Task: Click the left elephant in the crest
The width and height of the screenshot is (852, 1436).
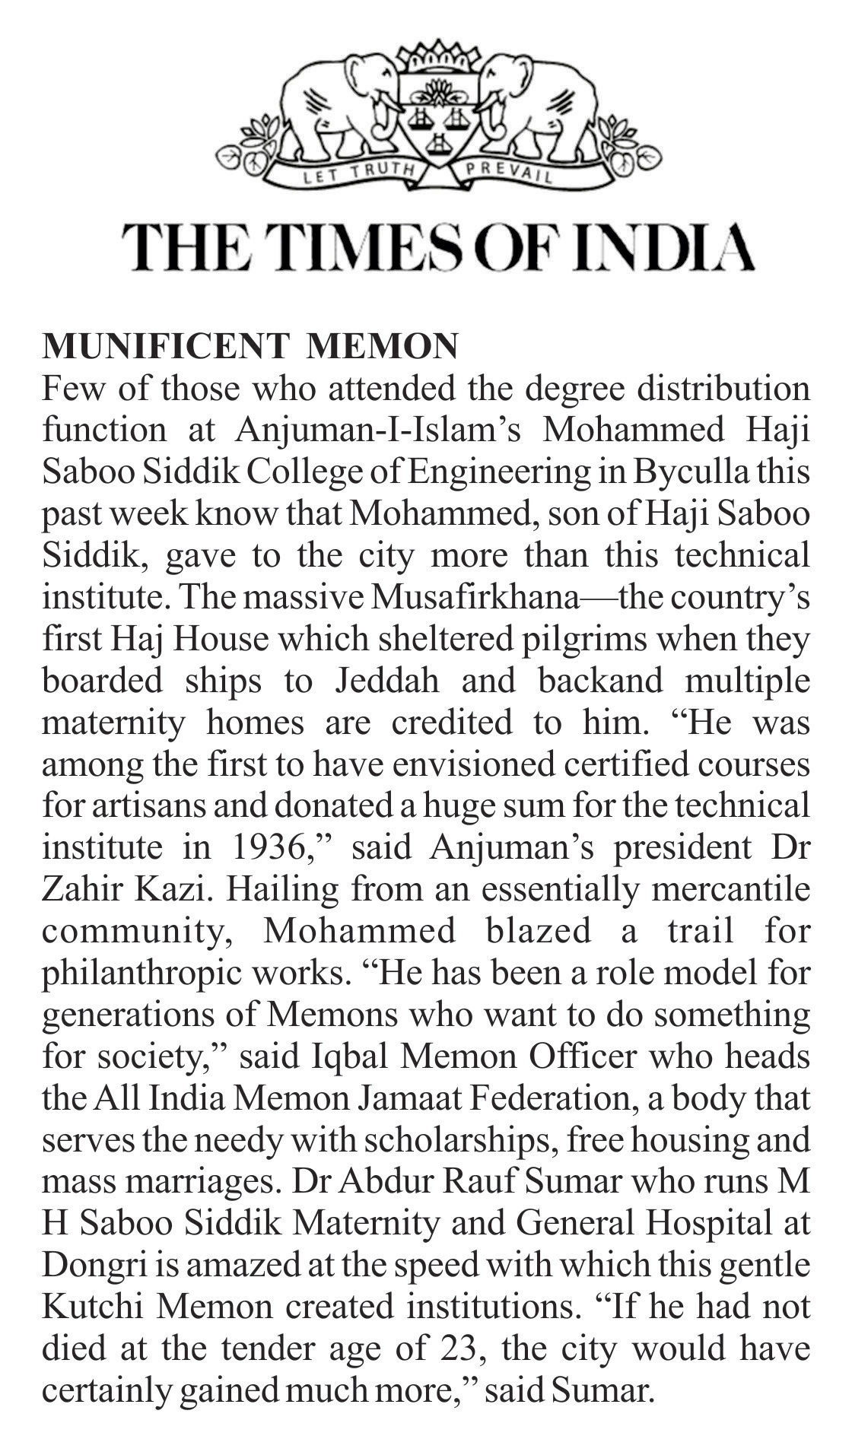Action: point(335,99)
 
